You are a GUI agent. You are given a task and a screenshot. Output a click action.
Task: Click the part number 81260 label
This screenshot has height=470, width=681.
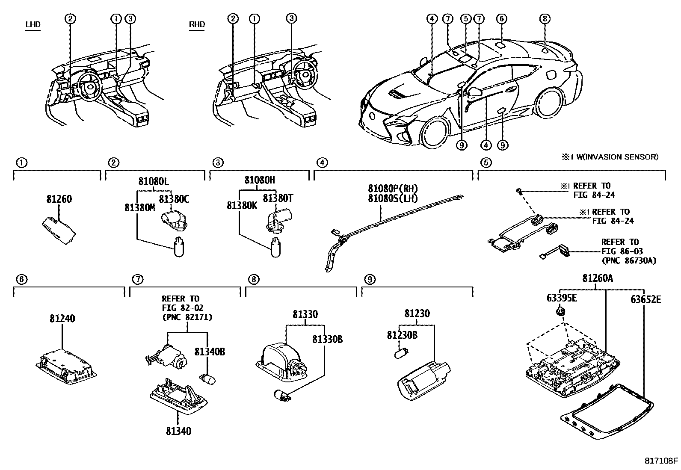click(x=59, y=199)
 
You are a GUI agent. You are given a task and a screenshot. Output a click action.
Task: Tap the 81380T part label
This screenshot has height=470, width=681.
click(x=278, y=198)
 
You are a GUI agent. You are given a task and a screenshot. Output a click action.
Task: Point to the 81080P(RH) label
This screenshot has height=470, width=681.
click(x=393, y=189)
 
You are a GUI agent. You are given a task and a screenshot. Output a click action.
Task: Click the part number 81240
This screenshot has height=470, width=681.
click(x=62, y=319)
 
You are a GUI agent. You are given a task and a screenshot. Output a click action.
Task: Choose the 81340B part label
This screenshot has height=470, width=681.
click(x=210, y=352)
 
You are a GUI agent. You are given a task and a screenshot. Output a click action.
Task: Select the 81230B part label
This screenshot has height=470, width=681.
click(x=402, y=335)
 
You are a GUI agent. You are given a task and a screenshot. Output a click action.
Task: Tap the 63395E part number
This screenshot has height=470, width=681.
click(x=562, y=298)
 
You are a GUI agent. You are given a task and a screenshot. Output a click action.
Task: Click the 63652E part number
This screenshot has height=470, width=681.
click(x=645, y=299)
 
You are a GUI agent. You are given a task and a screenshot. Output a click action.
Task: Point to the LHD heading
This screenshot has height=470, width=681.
click(x=33, y=24)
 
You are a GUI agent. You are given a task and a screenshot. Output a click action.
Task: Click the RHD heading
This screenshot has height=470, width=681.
click(x=197, y=24)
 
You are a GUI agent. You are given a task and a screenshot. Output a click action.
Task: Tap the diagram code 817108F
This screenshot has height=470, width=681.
click(x=661, y=461)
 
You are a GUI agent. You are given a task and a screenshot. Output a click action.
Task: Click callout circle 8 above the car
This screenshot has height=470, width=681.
click(x=544, y=18)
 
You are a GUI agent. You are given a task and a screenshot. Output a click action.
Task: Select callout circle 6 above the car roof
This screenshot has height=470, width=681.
click(x=502, y=18)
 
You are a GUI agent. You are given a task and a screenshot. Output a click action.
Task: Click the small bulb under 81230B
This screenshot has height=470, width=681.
click(x=401, y=355)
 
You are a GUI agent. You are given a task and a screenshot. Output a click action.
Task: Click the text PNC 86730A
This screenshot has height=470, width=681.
click(x=628, y=260)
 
